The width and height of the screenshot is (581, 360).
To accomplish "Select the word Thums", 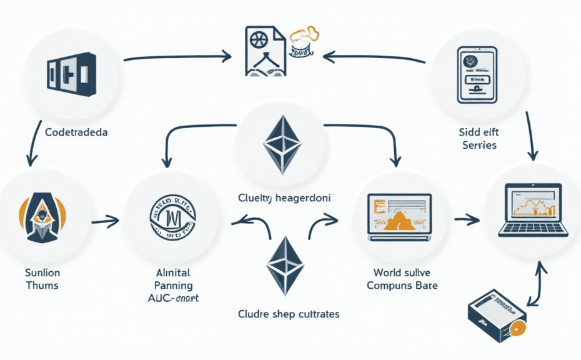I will click(x=42, y=285).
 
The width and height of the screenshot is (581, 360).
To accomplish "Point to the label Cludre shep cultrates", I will click(x=289, y=313).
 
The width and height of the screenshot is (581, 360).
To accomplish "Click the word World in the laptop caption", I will click(x=387, y=272).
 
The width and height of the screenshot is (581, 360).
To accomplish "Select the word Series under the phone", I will click(x=480, y=145).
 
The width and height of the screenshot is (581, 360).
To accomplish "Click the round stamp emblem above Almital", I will click(x=172, y=217).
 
